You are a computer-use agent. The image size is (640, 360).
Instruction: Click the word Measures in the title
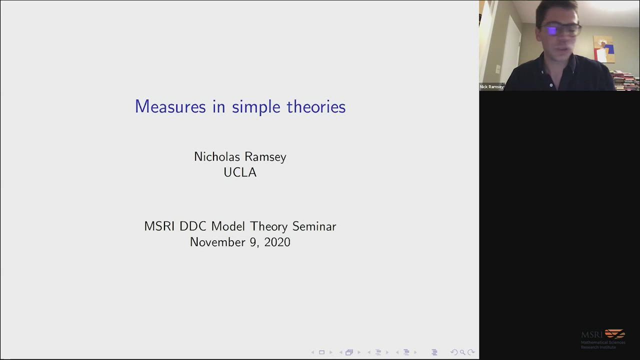[x=170, y=106]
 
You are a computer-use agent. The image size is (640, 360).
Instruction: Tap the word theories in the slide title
[x=316, y=106]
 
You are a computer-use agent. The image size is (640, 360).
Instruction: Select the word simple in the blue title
[x=256, y=107]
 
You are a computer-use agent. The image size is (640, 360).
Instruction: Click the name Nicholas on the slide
[x=217, y=156]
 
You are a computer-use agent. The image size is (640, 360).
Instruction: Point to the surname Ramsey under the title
[x=265, y=157]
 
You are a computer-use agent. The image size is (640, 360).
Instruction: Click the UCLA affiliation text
[x=240, y=172]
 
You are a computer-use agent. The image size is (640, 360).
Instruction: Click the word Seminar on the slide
[x=314, y=226]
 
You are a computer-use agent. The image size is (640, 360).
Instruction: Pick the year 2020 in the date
[x=277, y=242]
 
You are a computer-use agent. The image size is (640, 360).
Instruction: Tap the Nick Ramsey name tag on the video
[x=491, y=86]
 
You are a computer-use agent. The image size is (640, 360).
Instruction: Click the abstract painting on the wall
[x=603, y=49]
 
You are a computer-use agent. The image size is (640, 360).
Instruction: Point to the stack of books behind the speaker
[x=625, y=80]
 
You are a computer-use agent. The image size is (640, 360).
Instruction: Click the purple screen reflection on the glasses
[x=551, y=31]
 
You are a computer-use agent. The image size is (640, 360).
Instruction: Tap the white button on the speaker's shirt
[x=551, y=85]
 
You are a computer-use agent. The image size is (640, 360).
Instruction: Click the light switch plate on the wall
[x=498, y=69]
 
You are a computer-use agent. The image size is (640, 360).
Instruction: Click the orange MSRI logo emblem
[x=615, y=333]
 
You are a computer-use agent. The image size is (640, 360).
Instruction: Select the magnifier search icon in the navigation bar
[x=462, y=352]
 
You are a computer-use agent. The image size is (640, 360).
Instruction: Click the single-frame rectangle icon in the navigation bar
[x=321, y=352]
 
